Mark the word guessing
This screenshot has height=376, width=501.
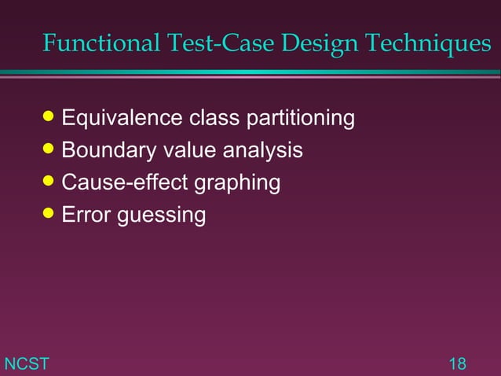tap(161, 215)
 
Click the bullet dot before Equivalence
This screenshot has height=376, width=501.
tap(51, 119)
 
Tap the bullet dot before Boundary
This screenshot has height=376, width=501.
tap(51, 150)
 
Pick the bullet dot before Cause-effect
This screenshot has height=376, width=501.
tap(51, 182)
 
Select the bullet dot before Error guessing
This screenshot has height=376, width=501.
tap(51, 214)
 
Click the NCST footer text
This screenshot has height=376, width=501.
tap(27, 363)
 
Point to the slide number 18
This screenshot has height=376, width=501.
tap(457, 363)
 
